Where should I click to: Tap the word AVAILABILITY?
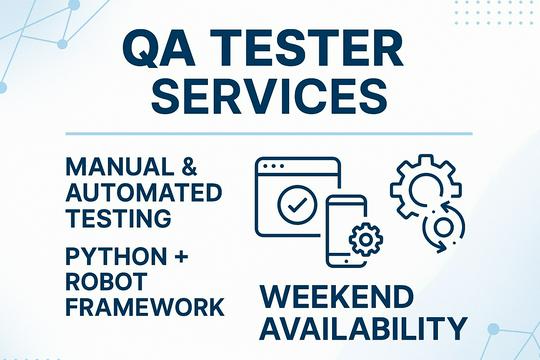click(363, 329)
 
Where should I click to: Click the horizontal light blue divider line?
click(269, 132)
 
